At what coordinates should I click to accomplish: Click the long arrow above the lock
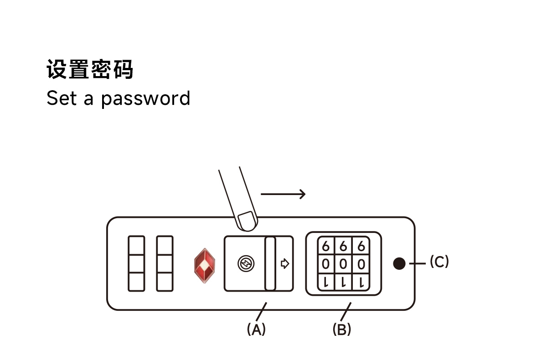click(283, 194)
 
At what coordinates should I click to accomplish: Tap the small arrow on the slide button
click(285, 263)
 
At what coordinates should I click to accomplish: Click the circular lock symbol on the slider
click(246, 263)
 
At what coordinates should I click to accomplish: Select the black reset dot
click(399, 263)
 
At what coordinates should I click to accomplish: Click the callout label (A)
click(256, 329)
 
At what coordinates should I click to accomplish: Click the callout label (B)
click(342, 329)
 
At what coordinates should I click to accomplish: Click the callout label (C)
click(439, 262)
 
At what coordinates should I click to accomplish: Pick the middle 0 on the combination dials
click(343, 264)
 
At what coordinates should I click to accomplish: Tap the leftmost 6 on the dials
click(325, 247)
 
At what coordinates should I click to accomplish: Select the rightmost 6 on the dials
click(361, 247)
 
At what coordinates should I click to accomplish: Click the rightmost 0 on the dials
click(361, 264)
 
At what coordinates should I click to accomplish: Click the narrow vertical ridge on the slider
click(270, 263)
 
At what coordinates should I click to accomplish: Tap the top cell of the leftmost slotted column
click(136, 245)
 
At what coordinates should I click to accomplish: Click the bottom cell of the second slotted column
click(165, 282)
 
